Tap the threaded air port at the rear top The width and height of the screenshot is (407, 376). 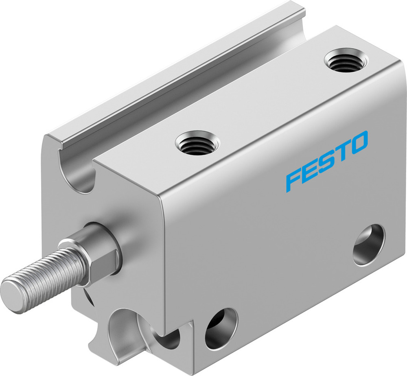pos(346,61)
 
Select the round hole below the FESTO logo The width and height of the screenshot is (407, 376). pos(369,245)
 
